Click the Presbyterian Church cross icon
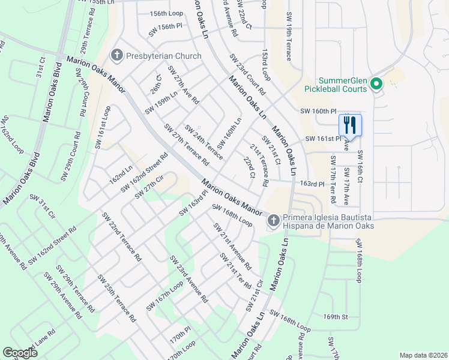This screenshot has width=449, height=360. pos(116,56)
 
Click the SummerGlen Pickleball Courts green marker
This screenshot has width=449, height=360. pos(376,85)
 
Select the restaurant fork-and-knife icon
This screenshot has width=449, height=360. pos(350,125)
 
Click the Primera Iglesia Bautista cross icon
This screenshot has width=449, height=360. pos(273,221)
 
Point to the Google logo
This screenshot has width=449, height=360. pos(20,353)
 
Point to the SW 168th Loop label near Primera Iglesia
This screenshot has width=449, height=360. pos(232,214)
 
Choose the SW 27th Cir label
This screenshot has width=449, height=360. pos(149,187)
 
